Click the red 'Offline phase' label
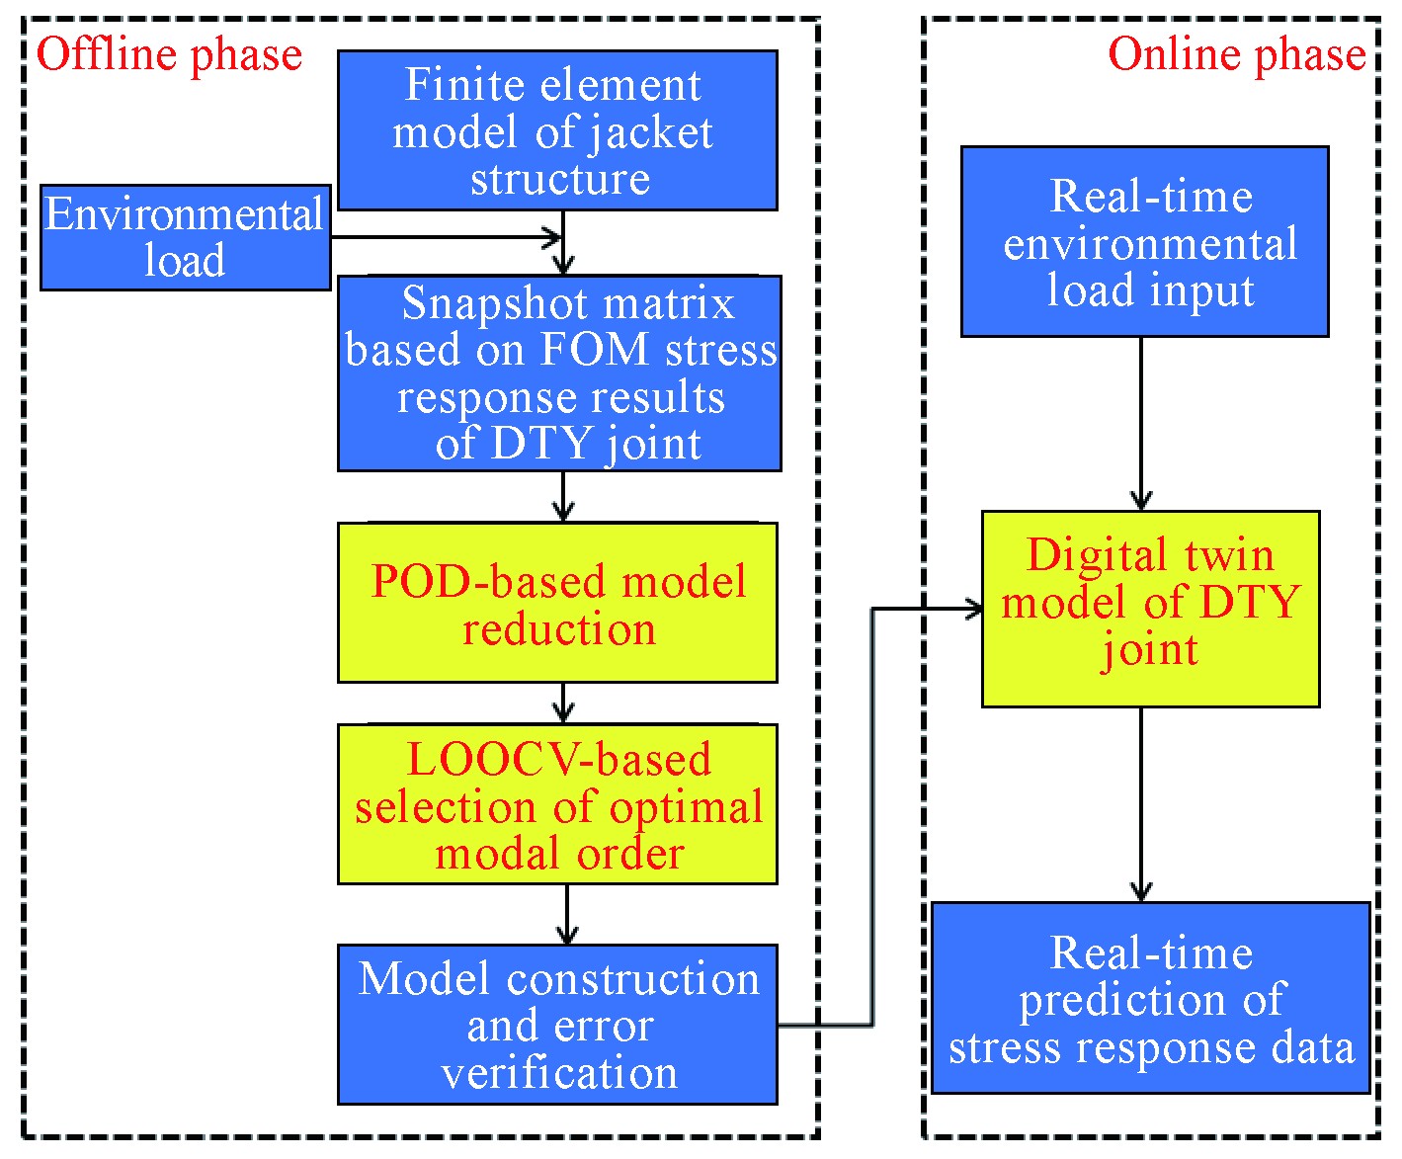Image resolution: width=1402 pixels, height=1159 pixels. click(x=169, y=55)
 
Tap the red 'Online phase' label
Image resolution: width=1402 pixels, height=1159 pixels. click(x=1237, y=55)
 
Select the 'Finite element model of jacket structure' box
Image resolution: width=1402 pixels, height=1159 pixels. click(x=557, y=130)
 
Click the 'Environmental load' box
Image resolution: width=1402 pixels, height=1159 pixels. click(x=186, y=237)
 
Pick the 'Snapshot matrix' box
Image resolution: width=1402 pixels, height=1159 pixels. click(x=559, y=373)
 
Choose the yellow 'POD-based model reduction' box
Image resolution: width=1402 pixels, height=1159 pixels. click(x=557, y=603)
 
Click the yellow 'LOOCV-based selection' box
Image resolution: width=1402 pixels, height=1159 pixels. click(x=557, y=803)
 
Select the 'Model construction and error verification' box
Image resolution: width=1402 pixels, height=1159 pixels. click(x=557, y=1025)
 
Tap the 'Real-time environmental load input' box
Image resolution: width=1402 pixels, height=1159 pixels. click(x=1145, y=242)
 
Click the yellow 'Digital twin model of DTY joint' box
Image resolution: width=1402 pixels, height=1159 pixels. click(x=1151, y=609)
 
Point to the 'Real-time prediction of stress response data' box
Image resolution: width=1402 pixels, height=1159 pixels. click(x=1151, y=999)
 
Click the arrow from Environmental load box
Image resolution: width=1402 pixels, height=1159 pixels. click(x=446, y=237)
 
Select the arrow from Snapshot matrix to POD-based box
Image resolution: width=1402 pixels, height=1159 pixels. click(x=563, y=496)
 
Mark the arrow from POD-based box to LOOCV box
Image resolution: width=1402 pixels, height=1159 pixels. click(x=563, y=704)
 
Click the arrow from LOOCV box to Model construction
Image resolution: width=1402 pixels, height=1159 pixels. click(x=567, y=915)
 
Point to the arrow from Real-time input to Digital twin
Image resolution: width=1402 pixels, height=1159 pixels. click(x=1141, y=424)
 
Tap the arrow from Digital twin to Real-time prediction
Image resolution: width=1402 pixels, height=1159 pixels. click(x=1141, y=804)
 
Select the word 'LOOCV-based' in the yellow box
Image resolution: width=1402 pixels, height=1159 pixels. click(x=559, y=760)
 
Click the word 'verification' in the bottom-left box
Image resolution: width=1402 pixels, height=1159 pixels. click(x=559, y=1072)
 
